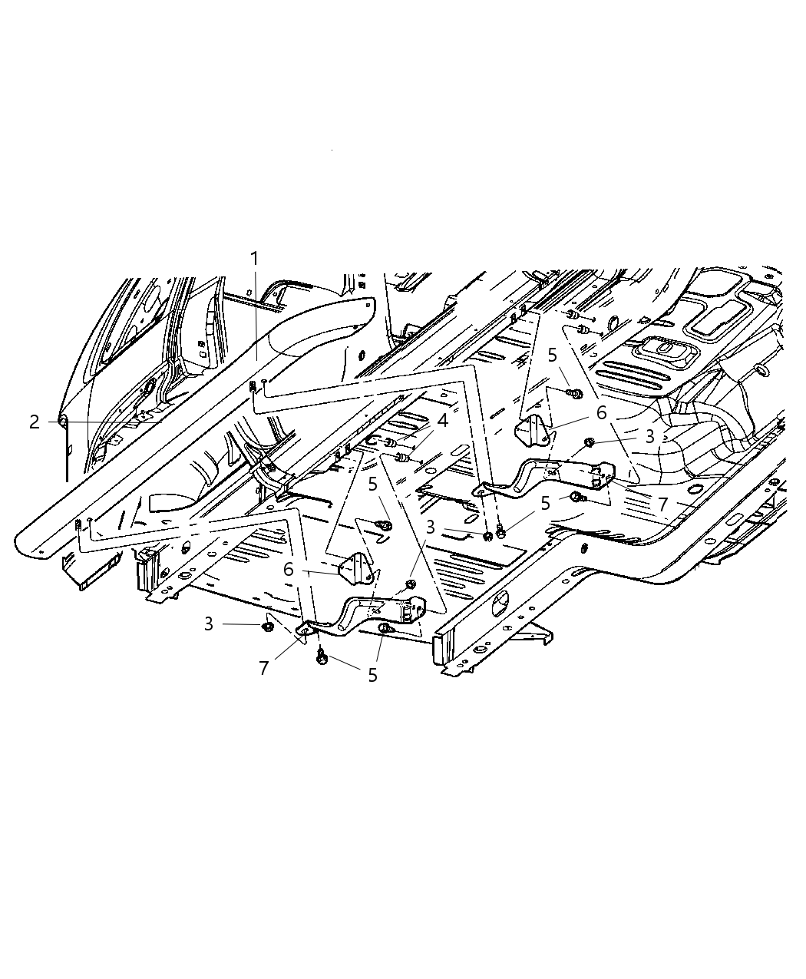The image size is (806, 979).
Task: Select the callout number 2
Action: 35,422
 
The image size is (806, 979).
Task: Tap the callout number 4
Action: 442,421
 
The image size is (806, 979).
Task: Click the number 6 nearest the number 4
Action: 601,412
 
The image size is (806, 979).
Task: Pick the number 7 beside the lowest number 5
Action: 264,668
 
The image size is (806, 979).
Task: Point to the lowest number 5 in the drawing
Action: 372,675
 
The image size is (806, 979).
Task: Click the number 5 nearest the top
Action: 552,355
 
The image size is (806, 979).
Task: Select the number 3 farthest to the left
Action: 209,624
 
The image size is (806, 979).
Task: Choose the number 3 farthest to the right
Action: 649,437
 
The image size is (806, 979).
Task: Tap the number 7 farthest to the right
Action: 662,504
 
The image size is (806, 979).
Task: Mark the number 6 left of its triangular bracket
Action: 289,570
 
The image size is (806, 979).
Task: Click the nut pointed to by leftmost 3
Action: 267,627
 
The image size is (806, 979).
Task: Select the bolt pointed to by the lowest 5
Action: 322,658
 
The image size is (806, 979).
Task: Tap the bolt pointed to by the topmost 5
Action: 574,393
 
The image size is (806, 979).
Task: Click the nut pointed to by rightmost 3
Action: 589,443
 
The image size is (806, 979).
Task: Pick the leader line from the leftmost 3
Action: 241,624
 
